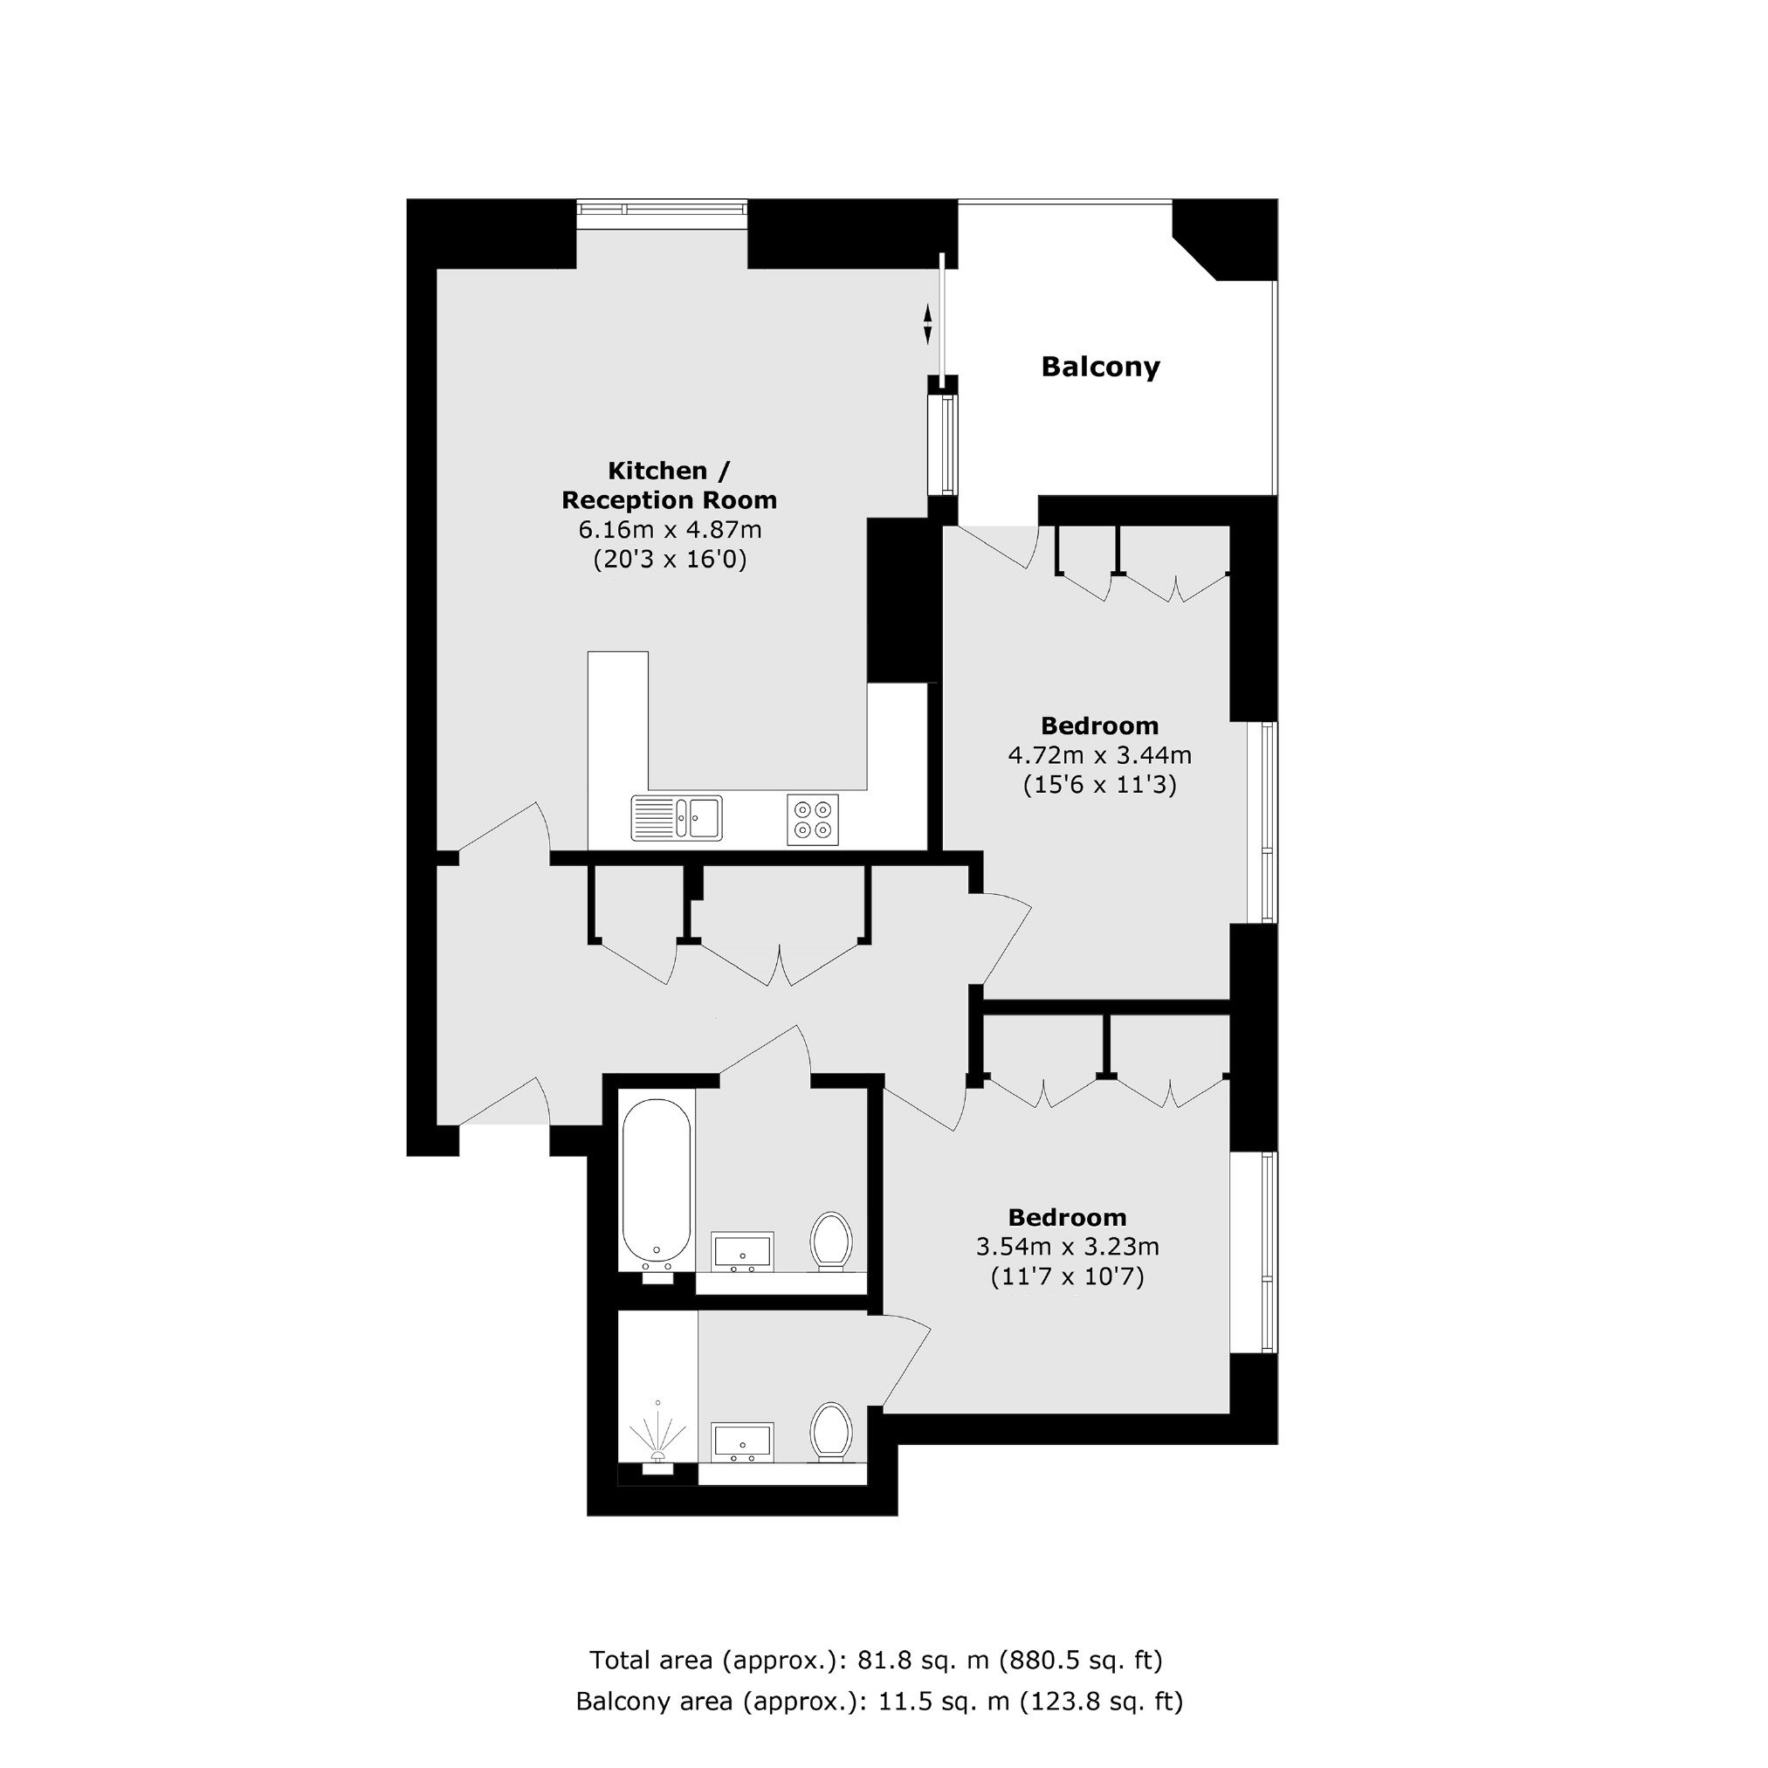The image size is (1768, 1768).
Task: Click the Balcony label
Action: pyautogui.click(x=1100, y=367)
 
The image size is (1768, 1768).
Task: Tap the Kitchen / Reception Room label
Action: pyautogui.click(x=669, y=485)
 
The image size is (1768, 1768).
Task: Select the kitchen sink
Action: pyautogui.click(x=677, y=818)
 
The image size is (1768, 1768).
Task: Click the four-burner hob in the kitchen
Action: pyautogui.click(x=813, y=819)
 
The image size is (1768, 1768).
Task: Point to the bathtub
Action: pyautogui.click(x=657, y=1185)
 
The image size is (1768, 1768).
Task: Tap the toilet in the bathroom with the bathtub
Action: pyautogui.click(x=831, y=1242)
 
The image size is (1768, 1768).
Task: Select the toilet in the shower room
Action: pyautogui.click(x=831, y=1432)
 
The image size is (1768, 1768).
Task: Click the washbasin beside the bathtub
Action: pyautogui.click(x=743, y=1251)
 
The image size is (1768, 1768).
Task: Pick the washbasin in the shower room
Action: pyautogui.click(x=743, y=1442)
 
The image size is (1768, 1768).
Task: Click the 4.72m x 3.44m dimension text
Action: pyautogui.click(x=1100, y=756)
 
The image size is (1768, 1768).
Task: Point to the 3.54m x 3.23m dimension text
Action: pyautogui.click(x=1068, y=1248)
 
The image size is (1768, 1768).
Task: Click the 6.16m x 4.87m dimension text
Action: pyautogui.click(x=670, y=530)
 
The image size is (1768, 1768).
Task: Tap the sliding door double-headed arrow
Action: pyautogui.click(x=927, y=324)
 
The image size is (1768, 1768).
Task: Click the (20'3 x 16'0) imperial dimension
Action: pyautogui.click(x=670, y=559)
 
